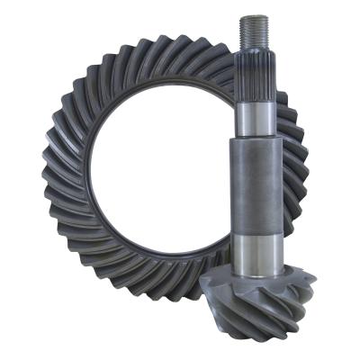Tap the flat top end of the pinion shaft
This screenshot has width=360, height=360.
pos(256,16)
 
